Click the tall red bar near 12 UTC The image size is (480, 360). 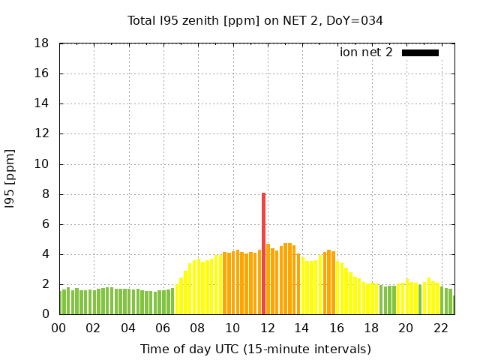[263, 253]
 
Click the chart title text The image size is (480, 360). [255, 21]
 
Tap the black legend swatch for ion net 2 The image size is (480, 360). [420, 52]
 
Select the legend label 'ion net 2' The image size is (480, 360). [366, 52]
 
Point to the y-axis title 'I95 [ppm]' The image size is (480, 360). [10, 179]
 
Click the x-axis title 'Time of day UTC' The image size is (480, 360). [255, 349]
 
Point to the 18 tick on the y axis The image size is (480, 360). [42, 44]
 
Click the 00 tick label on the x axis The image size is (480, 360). [58, 328]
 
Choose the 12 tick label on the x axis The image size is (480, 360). [267, 328]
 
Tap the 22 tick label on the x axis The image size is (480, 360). [440, 328]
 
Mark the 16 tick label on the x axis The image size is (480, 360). [337, 328]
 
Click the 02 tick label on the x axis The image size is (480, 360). [94, 328]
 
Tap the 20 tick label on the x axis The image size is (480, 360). [406, 328]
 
